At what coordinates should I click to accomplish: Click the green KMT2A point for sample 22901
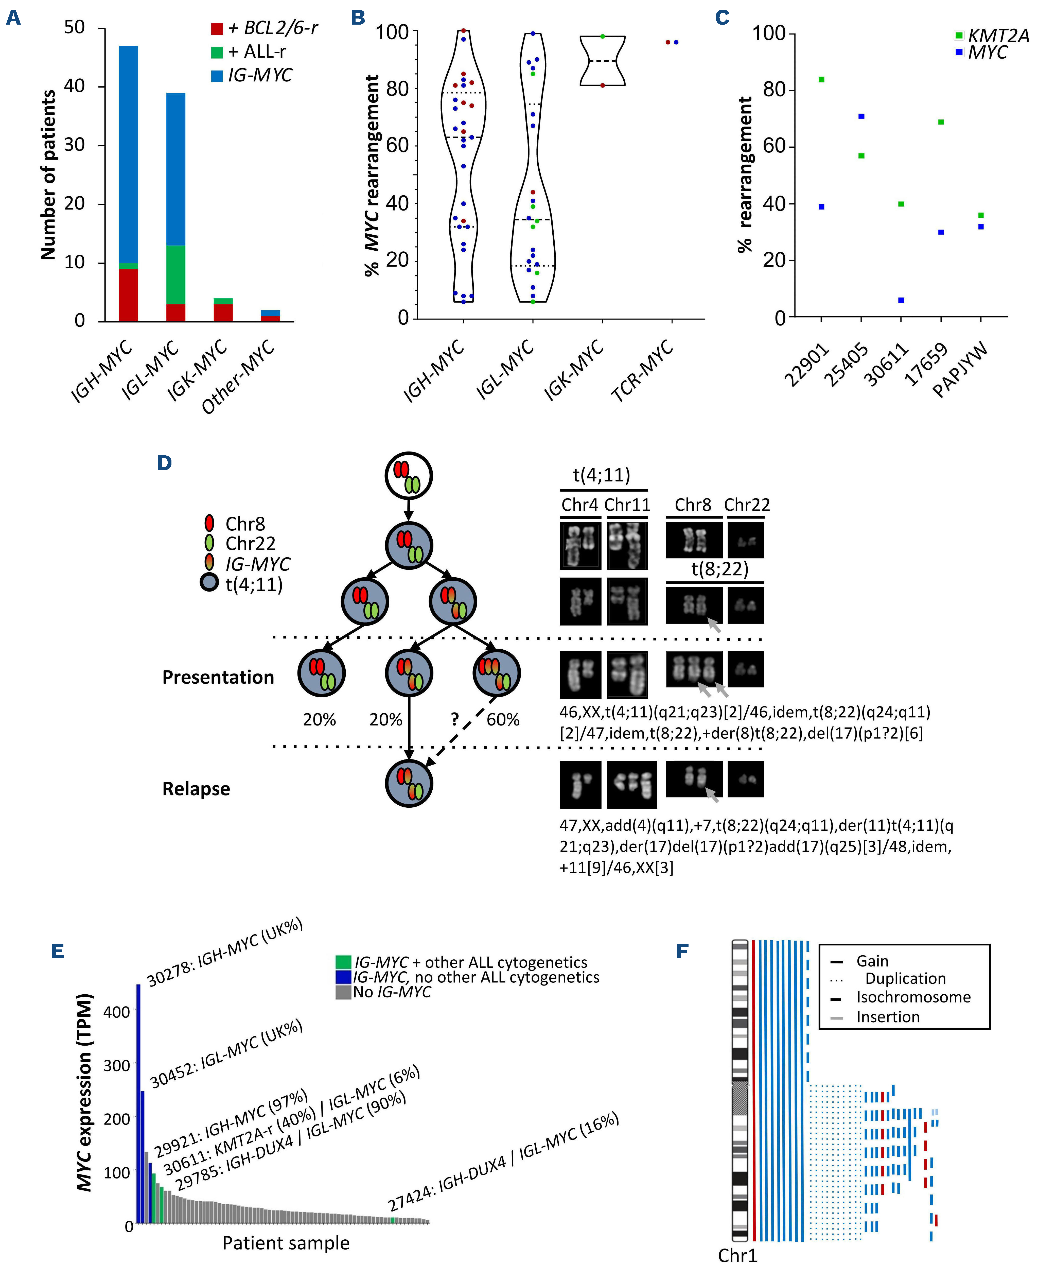tap(822, 80)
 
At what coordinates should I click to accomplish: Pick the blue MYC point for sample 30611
tap(901, 300)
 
